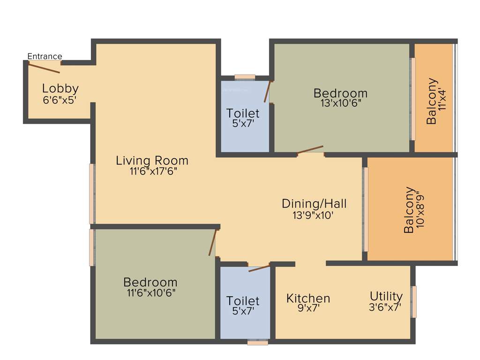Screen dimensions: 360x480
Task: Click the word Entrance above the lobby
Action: click(x=45, y=57)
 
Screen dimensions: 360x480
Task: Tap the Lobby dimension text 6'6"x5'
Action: click(x=60, y=100)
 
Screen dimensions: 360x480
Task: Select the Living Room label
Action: click(x=152, y=160)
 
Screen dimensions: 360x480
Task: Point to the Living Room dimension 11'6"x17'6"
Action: click(x=153, y=172)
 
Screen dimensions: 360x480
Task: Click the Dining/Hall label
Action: click(x=314, y=203)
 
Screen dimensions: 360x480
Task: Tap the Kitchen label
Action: click(x=308, y=299)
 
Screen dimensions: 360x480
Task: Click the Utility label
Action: click(x=386, y=296)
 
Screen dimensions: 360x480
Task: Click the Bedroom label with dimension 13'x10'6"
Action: click(x=340, y=93)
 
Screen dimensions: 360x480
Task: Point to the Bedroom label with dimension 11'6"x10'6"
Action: click(x=150, y=282)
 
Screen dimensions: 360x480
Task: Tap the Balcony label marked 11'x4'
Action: click(x=432, y=101)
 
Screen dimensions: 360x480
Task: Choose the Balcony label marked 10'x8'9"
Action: click(x=409, y=210)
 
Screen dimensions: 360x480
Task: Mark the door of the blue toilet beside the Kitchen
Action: click(x=259, y=268)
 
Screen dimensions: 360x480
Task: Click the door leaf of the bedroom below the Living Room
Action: click(x=213, y=242)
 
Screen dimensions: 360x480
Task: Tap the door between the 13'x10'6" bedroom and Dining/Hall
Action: click(x=310, y=149)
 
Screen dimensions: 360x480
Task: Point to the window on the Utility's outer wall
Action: click(x=414, y=301)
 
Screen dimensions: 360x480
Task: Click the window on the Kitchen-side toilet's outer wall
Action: click(x=258, y=343)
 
